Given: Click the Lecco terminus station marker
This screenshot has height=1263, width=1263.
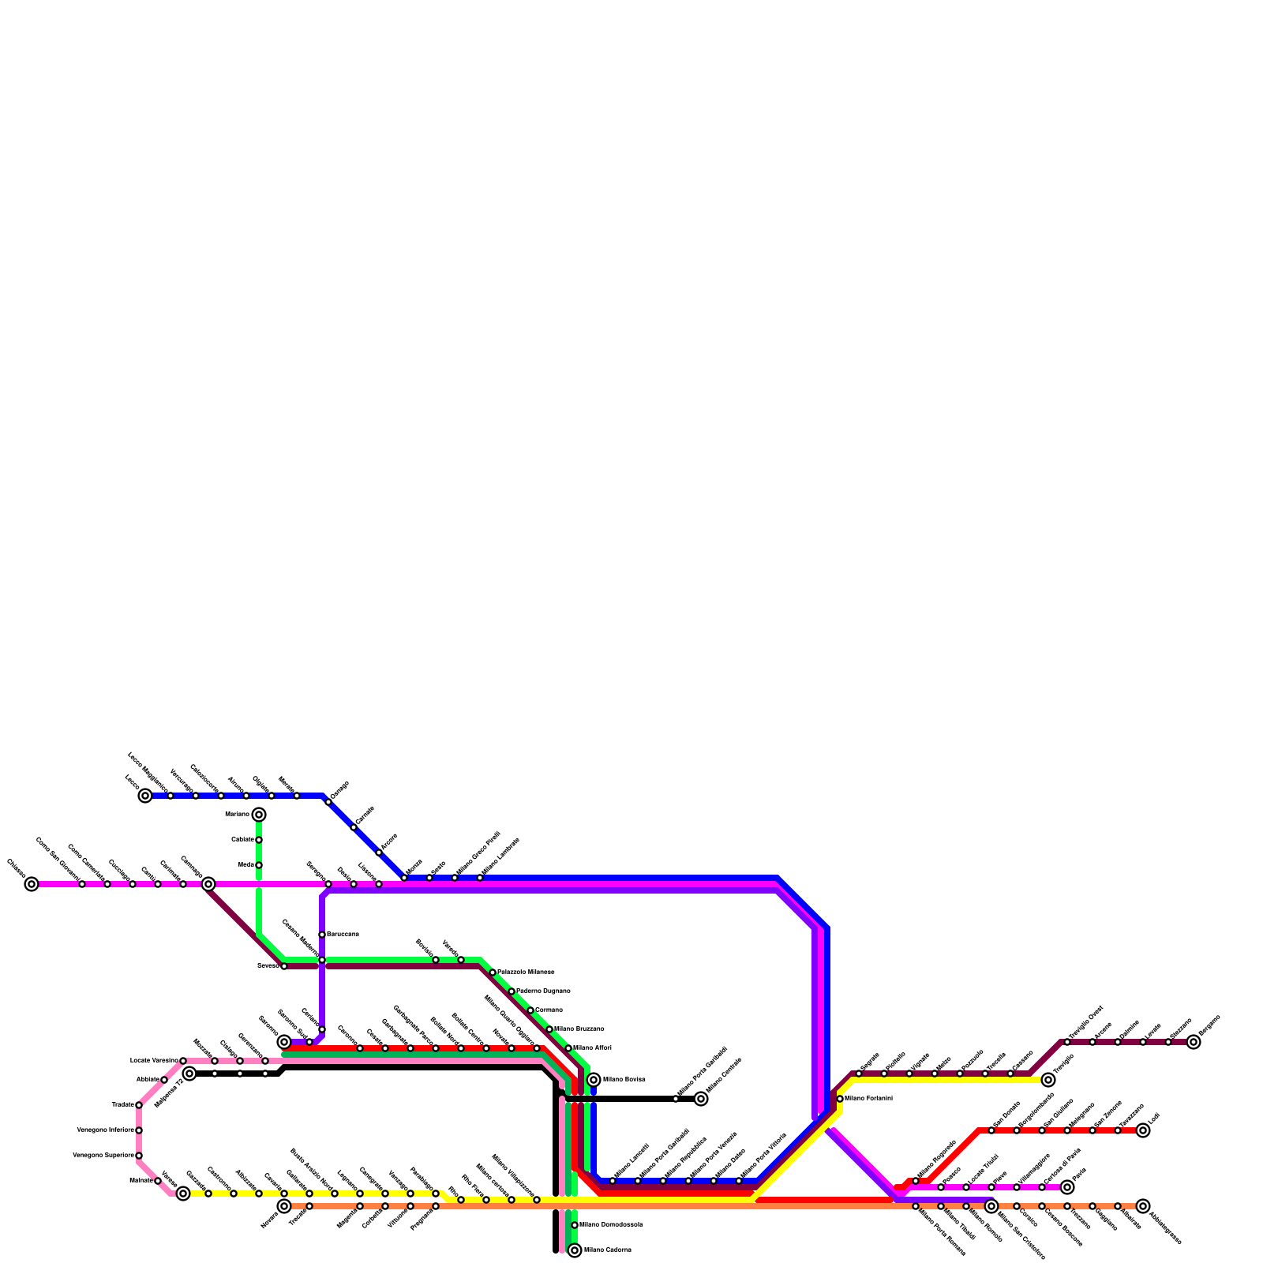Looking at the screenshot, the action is pyautogui.click(x=145, y=796).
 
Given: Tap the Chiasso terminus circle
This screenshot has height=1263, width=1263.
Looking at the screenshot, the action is pyautogui.click(x=32, y=884).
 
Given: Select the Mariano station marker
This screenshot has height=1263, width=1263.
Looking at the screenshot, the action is pyautogui.click(x=259, y=815).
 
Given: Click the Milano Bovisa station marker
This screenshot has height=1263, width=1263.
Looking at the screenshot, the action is pyautogui.click(x=594, y=1080).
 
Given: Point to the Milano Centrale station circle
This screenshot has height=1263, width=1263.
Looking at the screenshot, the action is pyautogui.click(x=701, y=1099).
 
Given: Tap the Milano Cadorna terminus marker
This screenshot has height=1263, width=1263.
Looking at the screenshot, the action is pyautogui.click(x=575, y=1250).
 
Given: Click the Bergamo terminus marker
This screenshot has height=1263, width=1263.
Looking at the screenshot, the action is pyautogui.click(x=1194, y=1042).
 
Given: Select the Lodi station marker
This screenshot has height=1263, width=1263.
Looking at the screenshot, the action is pyautogui.click(x=1143, y=1130).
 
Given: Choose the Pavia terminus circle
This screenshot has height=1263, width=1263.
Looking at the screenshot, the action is pyautogui.click(x=1067, y=1187).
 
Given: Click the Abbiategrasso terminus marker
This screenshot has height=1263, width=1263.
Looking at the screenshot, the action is pyautogui.click(x=1143, y=1206).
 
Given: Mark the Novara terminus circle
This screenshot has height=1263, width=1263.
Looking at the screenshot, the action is pyautogui.click(x=284, y=1206).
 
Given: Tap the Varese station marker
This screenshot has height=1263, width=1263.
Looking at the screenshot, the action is pyautogui.click(x=183, y=1194).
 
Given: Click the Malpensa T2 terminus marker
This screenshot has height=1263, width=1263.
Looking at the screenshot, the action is pyautogui.click(x=189, y=1074).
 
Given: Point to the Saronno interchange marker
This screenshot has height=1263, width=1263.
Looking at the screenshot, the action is pyautogui.click(x=284, y=1042).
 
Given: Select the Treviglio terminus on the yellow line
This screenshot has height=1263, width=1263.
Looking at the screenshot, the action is pyautogui.click(x=1048, y=1080).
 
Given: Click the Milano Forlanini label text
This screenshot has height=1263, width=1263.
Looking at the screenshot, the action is pyautogui.click(x=868, y=1099).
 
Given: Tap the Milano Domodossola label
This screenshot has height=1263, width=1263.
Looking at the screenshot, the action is pyautogui.click(x=610, y=1225).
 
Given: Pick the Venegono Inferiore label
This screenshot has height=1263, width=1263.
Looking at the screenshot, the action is pyautogui.click(x=105, y=1130).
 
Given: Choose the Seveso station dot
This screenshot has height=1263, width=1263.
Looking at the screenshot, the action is pyautogui.click(x=284, y=966).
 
